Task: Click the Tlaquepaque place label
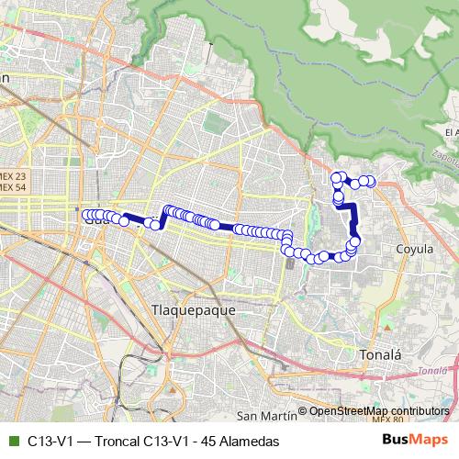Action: (192, 310)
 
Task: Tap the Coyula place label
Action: (415, 248)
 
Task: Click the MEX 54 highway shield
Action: (14, 187)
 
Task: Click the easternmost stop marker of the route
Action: (372, 181)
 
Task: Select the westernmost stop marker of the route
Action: (87, 216)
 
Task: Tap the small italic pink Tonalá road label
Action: (432, 371)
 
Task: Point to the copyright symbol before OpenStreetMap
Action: (303, 410)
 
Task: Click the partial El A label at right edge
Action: (450, 133)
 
